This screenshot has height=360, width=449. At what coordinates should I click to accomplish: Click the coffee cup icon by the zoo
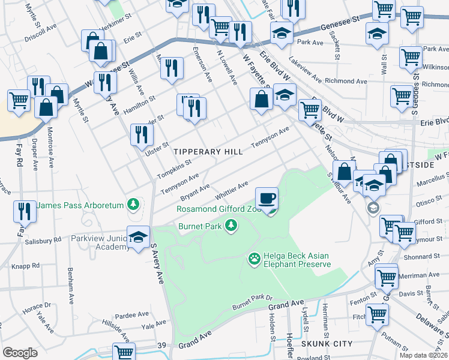click(267, 197)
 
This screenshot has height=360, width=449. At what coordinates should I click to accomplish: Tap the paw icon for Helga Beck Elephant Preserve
click(254, 259)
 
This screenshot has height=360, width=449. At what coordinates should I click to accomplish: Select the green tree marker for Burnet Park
click(230, 226)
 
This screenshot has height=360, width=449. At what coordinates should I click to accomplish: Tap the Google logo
click(20, 352)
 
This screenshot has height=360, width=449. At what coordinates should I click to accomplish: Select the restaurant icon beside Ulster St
click(142, 134)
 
